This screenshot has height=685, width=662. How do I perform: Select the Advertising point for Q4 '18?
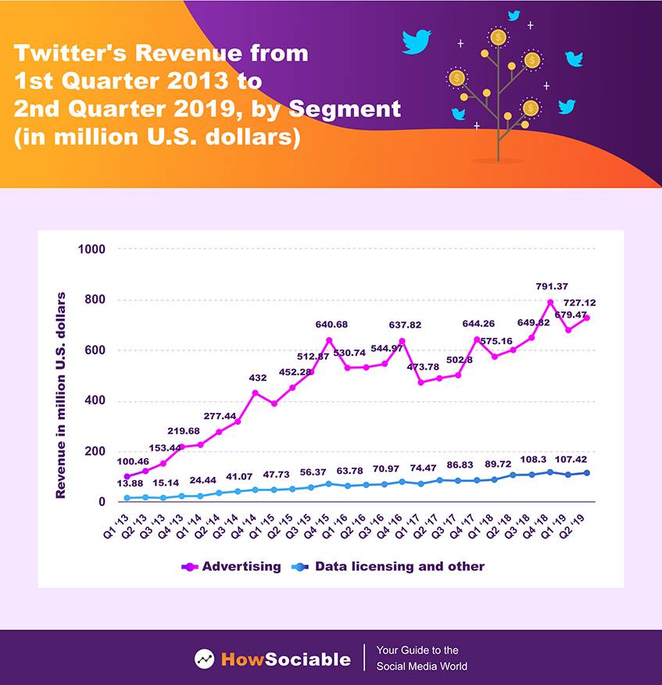(550, 303)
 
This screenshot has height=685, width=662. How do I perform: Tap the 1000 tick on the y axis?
(91, 249)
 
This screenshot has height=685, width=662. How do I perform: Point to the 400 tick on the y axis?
(95, 401)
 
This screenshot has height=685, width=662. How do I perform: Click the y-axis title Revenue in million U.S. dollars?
(61, 396)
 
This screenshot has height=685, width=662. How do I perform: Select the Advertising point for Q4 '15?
(329, 340)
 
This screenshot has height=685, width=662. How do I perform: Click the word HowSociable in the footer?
(285, 658)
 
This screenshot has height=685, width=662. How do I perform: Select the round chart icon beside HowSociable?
(205, 658)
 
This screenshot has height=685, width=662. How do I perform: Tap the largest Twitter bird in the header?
(417, 41)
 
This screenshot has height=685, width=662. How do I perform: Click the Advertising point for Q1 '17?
(421, 382)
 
